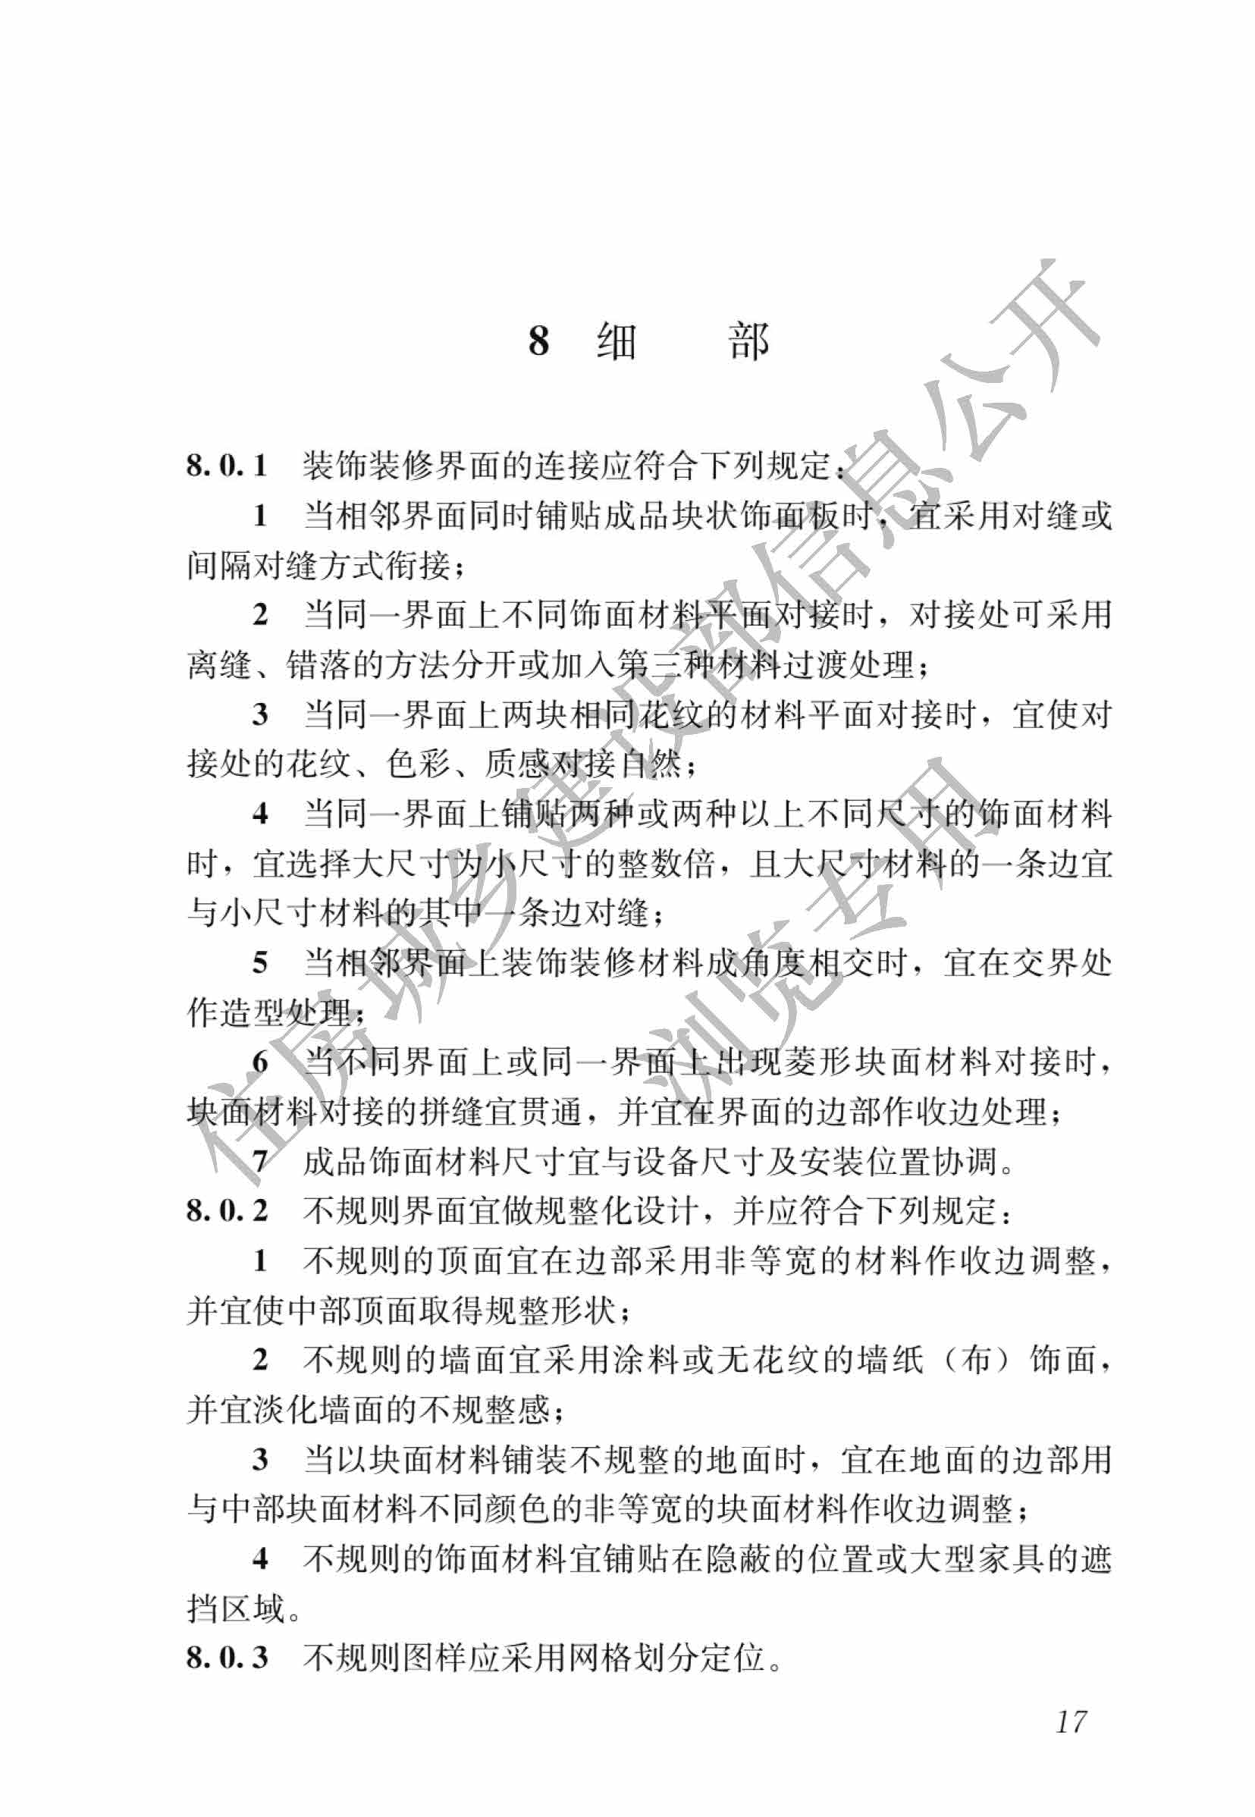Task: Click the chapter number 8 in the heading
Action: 538,340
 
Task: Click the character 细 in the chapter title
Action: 617,341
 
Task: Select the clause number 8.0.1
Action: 227,466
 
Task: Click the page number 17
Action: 1070,1744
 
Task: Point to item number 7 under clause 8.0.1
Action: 260,1160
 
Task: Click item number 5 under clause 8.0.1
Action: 260,962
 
